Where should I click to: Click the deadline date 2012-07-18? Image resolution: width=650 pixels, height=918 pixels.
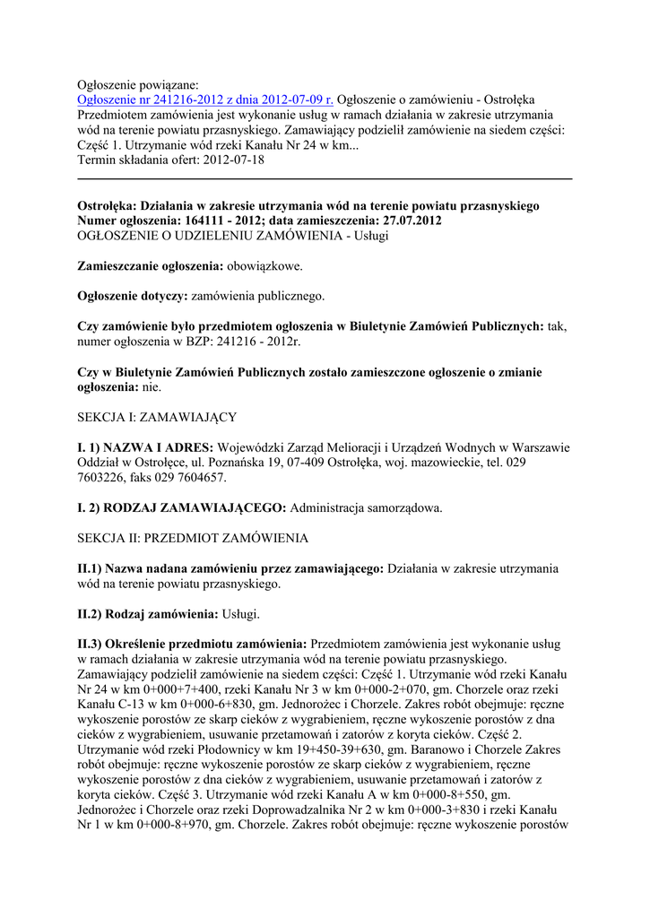click(234, 160)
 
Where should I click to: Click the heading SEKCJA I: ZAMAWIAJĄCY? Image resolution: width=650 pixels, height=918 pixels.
click(156, 418)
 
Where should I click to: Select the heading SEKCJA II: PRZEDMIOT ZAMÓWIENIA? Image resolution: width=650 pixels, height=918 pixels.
click(193, 539)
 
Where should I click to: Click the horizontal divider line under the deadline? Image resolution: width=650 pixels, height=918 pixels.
click(325, 180)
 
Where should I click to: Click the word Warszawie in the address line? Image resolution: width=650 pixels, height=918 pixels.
click(541, 447)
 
